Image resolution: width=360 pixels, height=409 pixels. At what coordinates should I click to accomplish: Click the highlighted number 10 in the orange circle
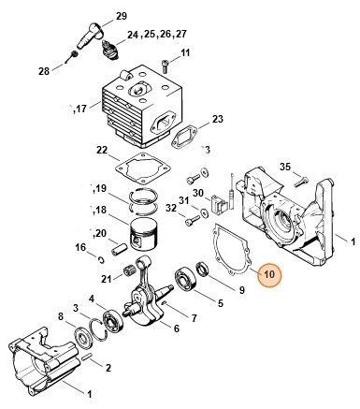[x=268, y=275]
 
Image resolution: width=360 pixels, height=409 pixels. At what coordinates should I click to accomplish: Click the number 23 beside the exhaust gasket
[x=217, y=119]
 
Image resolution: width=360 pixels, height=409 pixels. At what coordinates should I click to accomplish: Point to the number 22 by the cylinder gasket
[x=102, y=151]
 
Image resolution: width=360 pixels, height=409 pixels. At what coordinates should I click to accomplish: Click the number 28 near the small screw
[x=44, y=71]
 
